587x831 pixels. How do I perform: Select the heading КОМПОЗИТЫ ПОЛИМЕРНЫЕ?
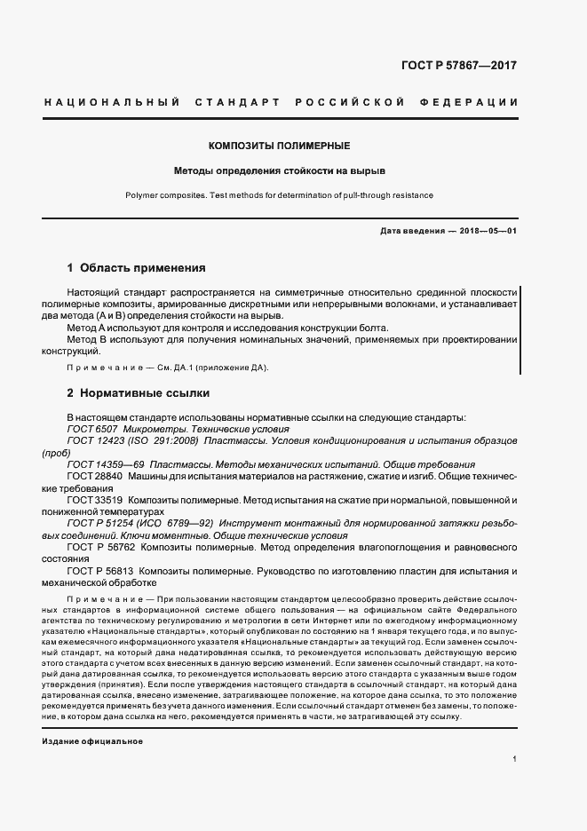pyautogui.click(x=279, y=145)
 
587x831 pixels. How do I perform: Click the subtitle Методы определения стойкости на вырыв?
pyautogui.click(x=279, y=170)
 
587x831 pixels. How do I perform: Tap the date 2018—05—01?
pyautogui.click(x=487, y=231)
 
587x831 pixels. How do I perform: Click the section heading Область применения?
pyautogui.click(x=143, y=267)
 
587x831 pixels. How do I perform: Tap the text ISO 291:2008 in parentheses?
pyautogui.click(x=168, y=440)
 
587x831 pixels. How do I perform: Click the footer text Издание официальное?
pyautogui.click(x=92, y=741)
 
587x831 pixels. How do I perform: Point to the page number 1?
pyautogui.click(x=514, y=759)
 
